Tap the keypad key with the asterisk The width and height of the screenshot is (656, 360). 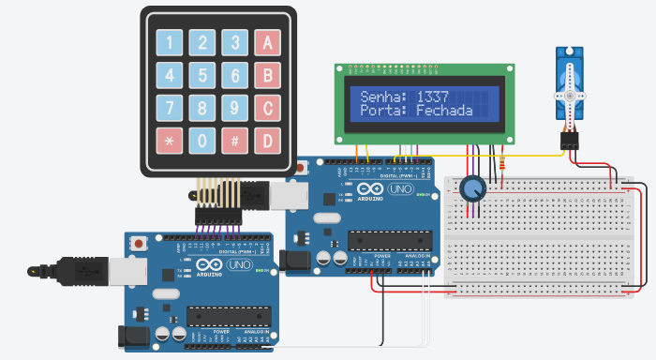pos(170,141)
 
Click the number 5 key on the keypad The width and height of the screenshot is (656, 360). pos(202,75)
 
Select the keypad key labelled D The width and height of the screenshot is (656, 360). pos(268,141)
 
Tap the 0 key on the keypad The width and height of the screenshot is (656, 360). pos(202,141)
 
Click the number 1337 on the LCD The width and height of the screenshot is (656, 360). pos(433,96)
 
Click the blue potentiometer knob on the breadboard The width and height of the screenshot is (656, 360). pos(472,190)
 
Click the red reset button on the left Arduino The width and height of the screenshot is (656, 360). pos(140,243)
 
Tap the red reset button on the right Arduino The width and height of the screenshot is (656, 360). pos(300,169)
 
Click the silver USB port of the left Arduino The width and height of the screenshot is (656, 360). pos(104,270)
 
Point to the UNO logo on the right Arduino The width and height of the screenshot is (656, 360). pos(400,190)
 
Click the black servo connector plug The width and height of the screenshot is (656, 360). pos(569,141)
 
